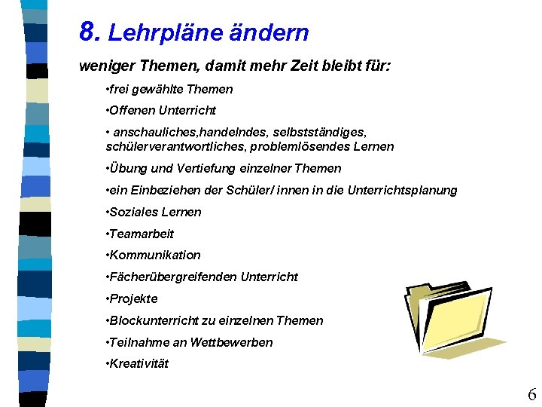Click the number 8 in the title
click(x=88, y=32)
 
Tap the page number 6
click(x=531, y=394)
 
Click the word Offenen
click(x=132, y=111)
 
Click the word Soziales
click(x=132, y=212)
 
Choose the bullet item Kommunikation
click(x=154, y=255)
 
